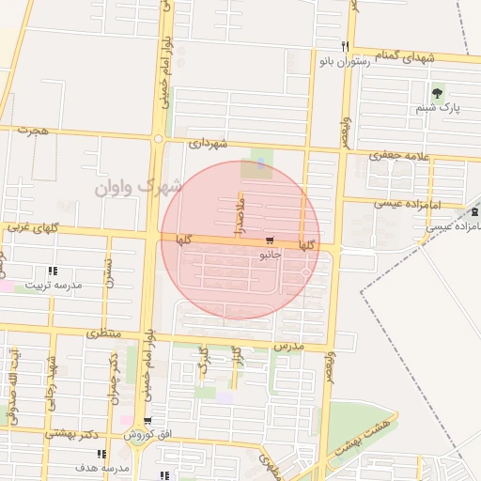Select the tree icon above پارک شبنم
pyautogui.click(x=437, y=93)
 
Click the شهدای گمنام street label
pyautogui.click(x=408, y=57)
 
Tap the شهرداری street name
pyautogui.click(x=208, y=144)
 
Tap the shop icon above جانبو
pyautogui.click(x=271, y=240)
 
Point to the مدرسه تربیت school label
pyautogui.click(x=54, y=284)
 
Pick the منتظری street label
pyautogui.click(x=104, y=333)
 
